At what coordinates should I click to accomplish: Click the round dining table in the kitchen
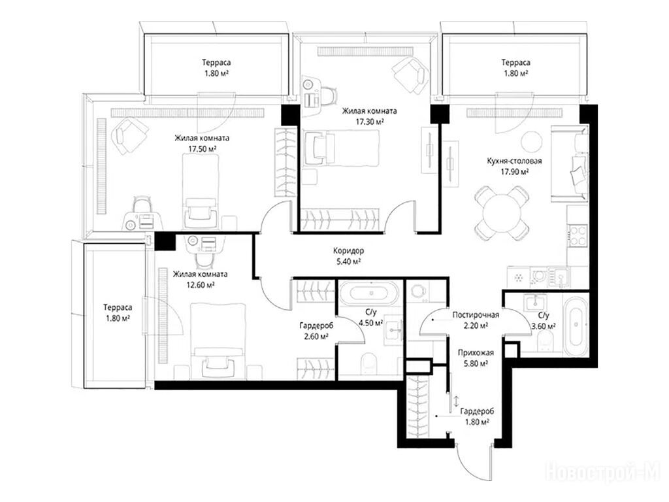click(502, 212)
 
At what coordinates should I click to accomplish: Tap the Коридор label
click(349, 251)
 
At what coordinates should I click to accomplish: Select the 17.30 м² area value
click(370, 122)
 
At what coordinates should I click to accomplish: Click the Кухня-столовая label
click(515, 161)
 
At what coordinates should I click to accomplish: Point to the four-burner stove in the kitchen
click(578, 235)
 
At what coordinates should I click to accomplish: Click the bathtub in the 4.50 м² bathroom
click(370, 293)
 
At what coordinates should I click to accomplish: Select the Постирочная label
click(476, 315)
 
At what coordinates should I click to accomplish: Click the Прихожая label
click(476, 353)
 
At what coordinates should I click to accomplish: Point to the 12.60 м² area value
click(200, 285)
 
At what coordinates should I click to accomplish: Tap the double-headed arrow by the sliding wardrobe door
click(455, 401)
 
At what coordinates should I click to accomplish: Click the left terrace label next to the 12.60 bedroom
click(118, 307)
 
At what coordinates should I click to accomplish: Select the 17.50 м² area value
click(202, 149)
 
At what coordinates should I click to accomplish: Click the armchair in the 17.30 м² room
click(410, 75)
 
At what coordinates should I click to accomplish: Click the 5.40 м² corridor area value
click(349, 261)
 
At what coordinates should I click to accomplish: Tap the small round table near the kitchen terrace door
click(532, 141)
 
